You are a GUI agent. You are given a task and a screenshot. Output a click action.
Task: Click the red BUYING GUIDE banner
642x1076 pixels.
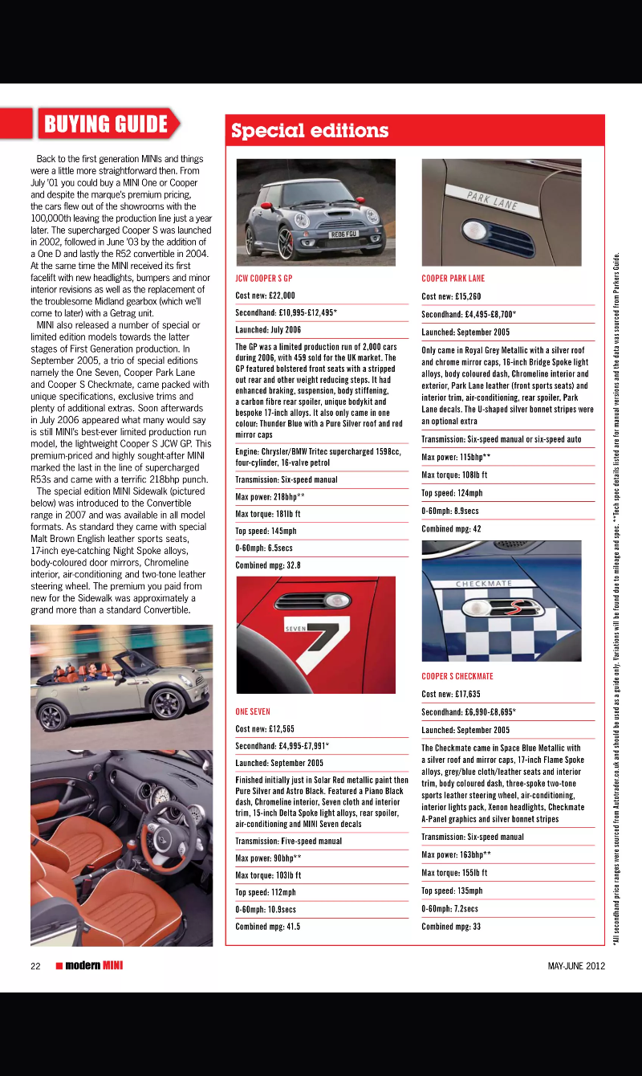(106, 124)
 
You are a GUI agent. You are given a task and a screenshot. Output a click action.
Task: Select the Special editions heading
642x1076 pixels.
(310, 131)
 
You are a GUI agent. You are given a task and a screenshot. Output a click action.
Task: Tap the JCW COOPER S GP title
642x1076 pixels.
(264, 279)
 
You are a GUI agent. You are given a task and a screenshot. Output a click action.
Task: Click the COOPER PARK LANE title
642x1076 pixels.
(453, 279)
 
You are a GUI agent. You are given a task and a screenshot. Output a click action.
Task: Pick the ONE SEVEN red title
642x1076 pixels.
(253, 711)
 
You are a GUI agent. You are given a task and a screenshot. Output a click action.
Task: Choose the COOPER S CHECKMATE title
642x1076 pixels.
(457, 676)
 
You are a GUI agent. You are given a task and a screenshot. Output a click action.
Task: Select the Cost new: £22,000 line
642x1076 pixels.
(266, 295)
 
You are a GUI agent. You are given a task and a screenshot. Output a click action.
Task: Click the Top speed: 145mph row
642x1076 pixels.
(266, 531)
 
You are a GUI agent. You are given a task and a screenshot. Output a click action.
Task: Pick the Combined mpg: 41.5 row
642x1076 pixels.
(268, 926)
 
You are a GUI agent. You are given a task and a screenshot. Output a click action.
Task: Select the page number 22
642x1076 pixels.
(35, 966)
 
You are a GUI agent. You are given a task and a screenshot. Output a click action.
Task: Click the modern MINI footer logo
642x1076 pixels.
(90, 966)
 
